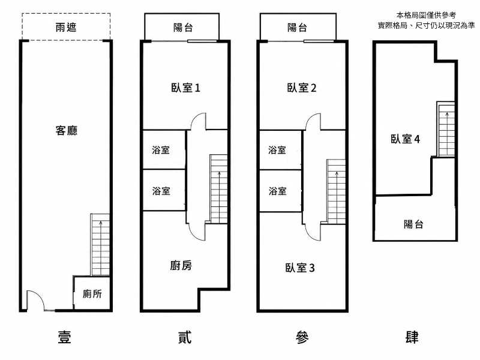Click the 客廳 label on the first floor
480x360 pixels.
click(x=67, y=131)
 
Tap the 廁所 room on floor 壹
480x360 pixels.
click(x=92, y=293)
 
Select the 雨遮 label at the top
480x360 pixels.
click(x=66, y=28)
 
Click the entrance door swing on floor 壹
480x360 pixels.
click(x=35, y=300)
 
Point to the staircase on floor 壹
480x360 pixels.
click(x=100, y=245)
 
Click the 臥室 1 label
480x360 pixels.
click(x=185, y=88)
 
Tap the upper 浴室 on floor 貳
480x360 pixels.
click(x=161, y=150)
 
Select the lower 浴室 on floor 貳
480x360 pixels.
click(x=161, y=191)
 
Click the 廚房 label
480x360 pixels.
click(x=181, y=265)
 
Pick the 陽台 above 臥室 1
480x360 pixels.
click(x=183, y=28)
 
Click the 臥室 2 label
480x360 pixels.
click(x=302, y=88)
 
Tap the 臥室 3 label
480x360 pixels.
click(x=300, y=268)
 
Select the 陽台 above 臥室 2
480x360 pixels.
click(x=297, y=28)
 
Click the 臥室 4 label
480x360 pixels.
click(x=405, y=139)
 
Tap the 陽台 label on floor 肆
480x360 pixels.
click(x=413, y=224)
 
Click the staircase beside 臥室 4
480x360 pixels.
click(x=445, y=130)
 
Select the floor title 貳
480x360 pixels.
click(x=185, y=337)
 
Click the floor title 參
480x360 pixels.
click(x=302, y=337)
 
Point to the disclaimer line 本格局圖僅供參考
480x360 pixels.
click(x=426, y=15)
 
